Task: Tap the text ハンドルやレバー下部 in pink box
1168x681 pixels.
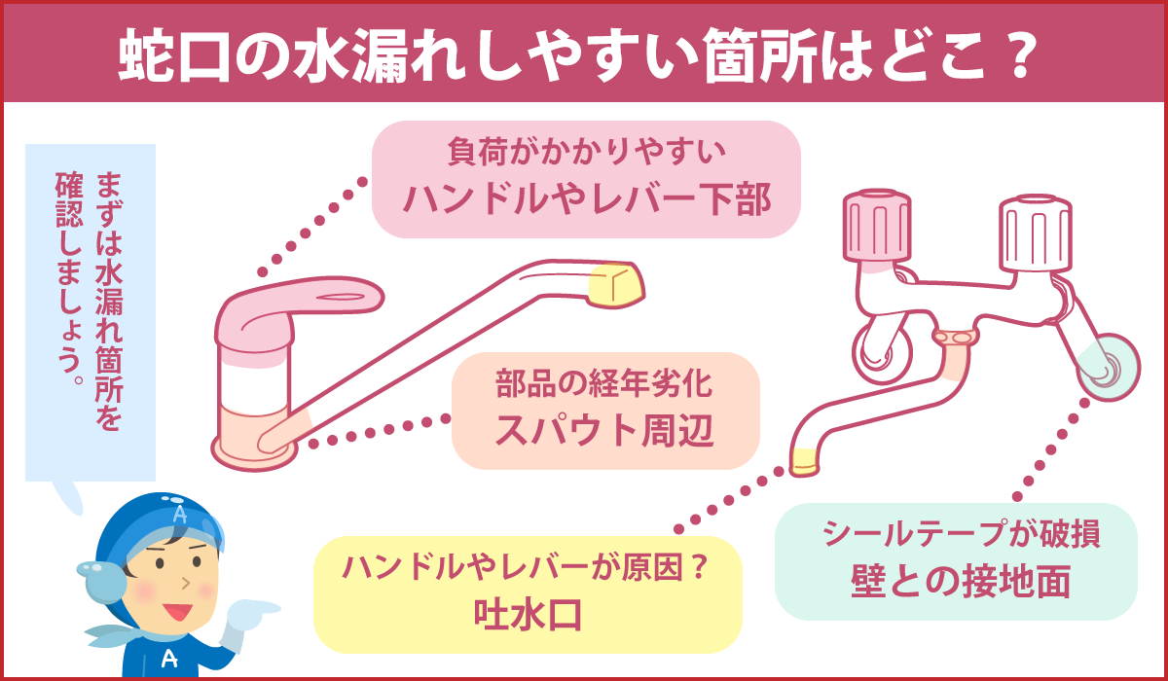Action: click(587, 200)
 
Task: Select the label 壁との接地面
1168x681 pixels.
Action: click(957, 581)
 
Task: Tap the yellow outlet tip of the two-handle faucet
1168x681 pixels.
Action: click(803, 460)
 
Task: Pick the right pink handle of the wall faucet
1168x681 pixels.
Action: click(1037, 232)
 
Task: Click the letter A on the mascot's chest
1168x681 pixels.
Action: click(168, 658)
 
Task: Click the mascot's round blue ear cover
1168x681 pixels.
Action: click(103, 583)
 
